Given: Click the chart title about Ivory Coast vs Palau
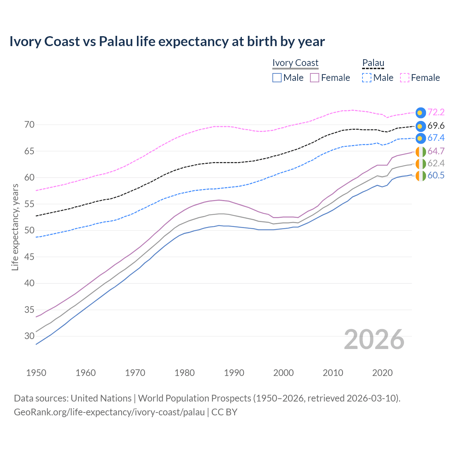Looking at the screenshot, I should pos(167,41).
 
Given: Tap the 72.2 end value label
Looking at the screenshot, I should pos(436,112).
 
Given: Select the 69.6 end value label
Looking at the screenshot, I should pos(436,126).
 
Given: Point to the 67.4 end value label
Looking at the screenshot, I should pos(436,138).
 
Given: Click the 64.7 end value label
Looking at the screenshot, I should pos(436,151).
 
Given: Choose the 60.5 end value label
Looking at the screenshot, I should pos(436,176).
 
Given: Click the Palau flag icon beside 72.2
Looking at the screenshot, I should pos(421,113).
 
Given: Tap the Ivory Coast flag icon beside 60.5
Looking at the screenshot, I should pos(421,176).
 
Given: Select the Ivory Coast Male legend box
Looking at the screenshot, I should pos(277,78).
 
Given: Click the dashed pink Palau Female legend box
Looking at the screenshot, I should pos(405,78).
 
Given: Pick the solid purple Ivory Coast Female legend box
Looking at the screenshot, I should pos(315,78).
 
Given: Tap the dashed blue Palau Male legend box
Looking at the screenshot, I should pos(367,78).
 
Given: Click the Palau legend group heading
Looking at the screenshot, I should pos(373,63).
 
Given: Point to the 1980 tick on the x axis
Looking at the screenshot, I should pos(184,373).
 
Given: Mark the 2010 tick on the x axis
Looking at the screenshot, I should pos(333,373).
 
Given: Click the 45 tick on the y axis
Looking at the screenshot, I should pos(29,257).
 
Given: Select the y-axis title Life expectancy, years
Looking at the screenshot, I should pos(15,227).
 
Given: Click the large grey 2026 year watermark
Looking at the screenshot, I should pos(374,339).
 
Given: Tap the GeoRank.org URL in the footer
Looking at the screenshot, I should pos(109,412).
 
